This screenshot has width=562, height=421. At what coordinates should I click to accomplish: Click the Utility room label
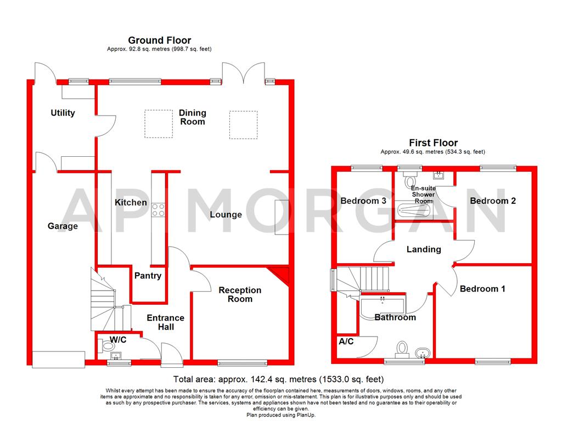tap(63, 113)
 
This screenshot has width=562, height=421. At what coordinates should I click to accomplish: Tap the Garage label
tap(63, 226)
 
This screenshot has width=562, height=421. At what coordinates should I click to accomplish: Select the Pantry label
tap(148, 276)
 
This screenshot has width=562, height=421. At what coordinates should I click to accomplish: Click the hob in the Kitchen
tap(159, 209)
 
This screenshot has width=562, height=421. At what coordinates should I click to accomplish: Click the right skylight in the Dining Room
tap(243, 123)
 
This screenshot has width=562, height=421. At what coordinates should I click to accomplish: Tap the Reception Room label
tap(240, 294)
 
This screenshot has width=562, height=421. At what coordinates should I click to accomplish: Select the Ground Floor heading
tap(159, 40)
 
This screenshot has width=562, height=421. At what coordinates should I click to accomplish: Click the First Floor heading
tap(433, 143)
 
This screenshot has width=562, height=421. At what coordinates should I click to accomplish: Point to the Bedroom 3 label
tap(363, 201)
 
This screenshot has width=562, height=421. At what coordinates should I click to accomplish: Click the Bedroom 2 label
tap(493, 201)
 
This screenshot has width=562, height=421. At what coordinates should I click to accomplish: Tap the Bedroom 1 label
tap(482, 288)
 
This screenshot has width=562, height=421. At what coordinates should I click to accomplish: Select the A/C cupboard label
tap(346, 342)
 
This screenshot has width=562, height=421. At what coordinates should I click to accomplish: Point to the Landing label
tap(423, 249)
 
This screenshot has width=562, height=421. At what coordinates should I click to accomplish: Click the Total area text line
tap(278, 379)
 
